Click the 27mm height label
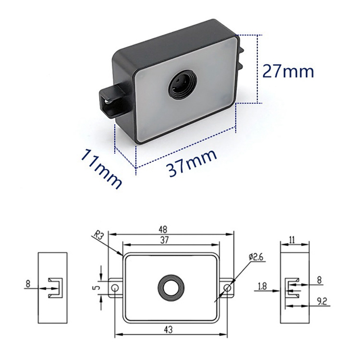[x=288, y=71]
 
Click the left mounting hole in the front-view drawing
[x=115, y=288]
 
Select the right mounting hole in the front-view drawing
[x=228, y=288]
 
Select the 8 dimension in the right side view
[x=319, y=280]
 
